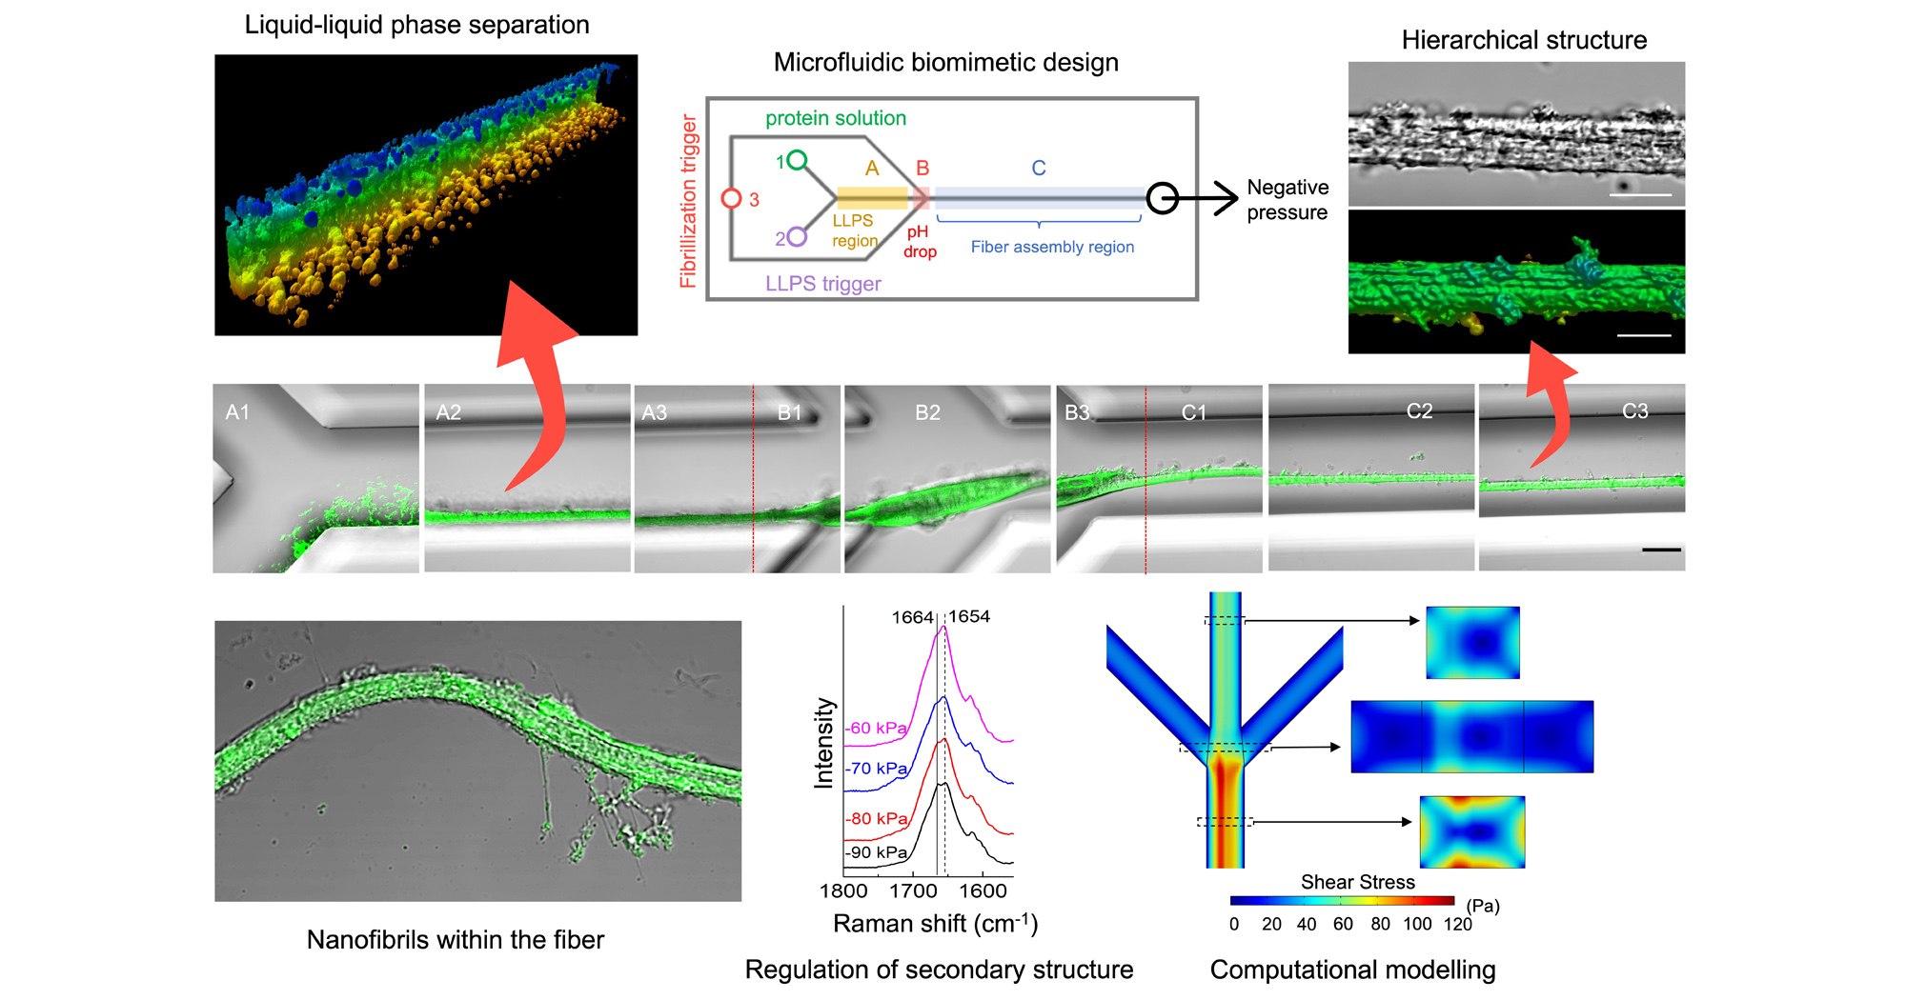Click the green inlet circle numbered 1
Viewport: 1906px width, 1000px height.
(x=797, y=159)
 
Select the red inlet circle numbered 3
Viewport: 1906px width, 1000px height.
(x=731, y=198)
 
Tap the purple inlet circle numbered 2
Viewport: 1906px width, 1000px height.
(x=797, y=237)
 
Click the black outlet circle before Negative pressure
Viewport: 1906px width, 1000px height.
(x=1162, y=198)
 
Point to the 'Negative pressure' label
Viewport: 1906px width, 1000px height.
(x=1287, y=200)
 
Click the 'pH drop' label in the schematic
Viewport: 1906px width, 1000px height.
(x=920, y=242)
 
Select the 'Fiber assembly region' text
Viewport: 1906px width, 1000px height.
(x=1052, y=247)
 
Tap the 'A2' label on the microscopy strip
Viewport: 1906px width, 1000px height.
(x=448, y=412)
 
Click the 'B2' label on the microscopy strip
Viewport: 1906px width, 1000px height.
(x=927, y=412)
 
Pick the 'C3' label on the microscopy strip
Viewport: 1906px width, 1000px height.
(x=1634, y=411)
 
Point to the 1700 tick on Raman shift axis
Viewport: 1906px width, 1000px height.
(x=913, y=890)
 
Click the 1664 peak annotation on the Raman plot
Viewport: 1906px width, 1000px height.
(x=912, y=617)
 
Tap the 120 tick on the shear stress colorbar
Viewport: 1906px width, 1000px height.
(x=1457, y=924)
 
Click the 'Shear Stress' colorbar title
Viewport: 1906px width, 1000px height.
(x=1357, y=882)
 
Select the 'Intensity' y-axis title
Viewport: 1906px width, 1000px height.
(x=823, y=743)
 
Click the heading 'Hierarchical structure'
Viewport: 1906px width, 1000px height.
(x=1524, y=40)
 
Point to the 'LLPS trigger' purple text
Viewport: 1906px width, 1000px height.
(x=822, y=284)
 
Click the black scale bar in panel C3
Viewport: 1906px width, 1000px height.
(x=1661, y=550)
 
